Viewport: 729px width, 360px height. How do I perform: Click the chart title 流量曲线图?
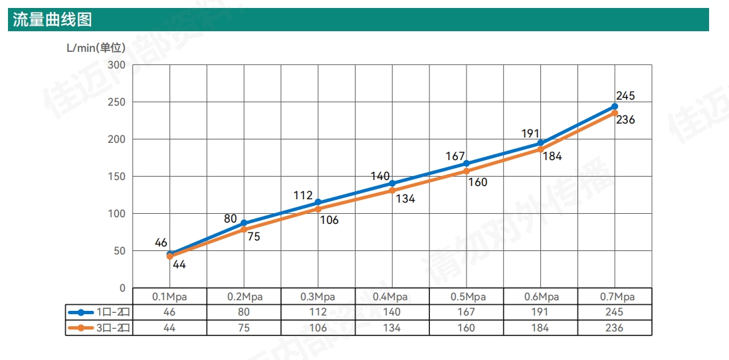coord(52,20)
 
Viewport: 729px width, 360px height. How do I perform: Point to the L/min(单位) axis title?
coord(96,48)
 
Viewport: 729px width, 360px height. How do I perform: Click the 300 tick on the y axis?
coord(117,65)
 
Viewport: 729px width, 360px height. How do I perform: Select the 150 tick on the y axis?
coord(117,177)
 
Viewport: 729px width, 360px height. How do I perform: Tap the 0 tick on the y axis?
coord(122,288)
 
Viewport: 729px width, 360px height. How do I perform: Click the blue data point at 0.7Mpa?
coord(615,106)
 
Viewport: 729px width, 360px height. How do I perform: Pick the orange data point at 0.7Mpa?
coord(615,113)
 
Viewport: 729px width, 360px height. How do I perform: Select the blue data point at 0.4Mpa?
coord(392,183)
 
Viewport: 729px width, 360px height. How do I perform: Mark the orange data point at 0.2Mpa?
coord(244,229)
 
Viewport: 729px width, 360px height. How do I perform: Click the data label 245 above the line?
coord(625,96)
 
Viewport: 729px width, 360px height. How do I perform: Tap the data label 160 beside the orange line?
coord(478,182)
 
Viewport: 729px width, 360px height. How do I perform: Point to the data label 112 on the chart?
coord(303,195)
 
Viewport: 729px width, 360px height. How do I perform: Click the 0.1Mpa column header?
coord(169,297)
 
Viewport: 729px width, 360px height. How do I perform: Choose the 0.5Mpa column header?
coord(467,297)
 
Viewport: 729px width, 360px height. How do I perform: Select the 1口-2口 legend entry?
coord(99,312)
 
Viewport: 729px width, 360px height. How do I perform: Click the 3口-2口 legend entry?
coord(99,327)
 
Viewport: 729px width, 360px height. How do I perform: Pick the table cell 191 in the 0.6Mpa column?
coord(540,312)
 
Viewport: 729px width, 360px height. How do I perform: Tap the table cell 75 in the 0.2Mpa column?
coord(244,327)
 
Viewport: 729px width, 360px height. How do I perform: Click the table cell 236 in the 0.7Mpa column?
coord(615,327)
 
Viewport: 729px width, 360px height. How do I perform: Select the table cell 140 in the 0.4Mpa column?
coord(392,312)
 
